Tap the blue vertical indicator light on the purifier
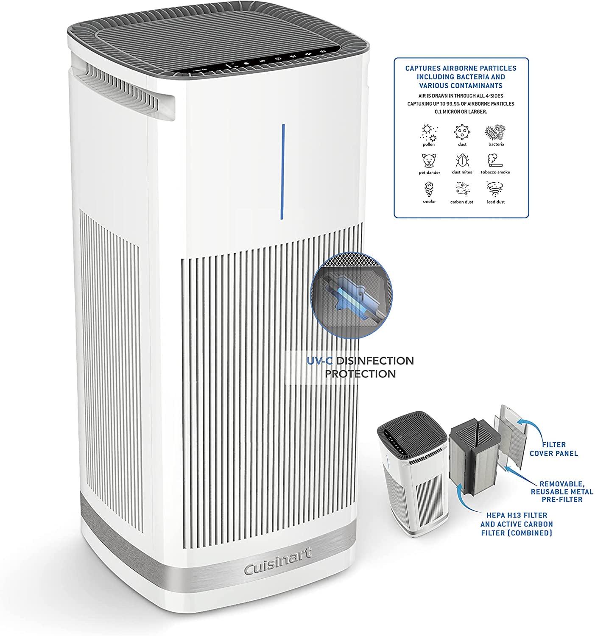click(283, 172)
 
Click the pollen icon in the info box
click(428, 133)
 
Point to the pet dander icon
click(429, 161)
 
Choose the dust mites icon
click(462, 161)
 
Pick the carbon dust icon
click(462, 189)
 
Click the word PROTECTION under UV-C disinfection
click(363, 374)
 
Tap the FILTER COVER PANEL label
click(553, 449)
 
